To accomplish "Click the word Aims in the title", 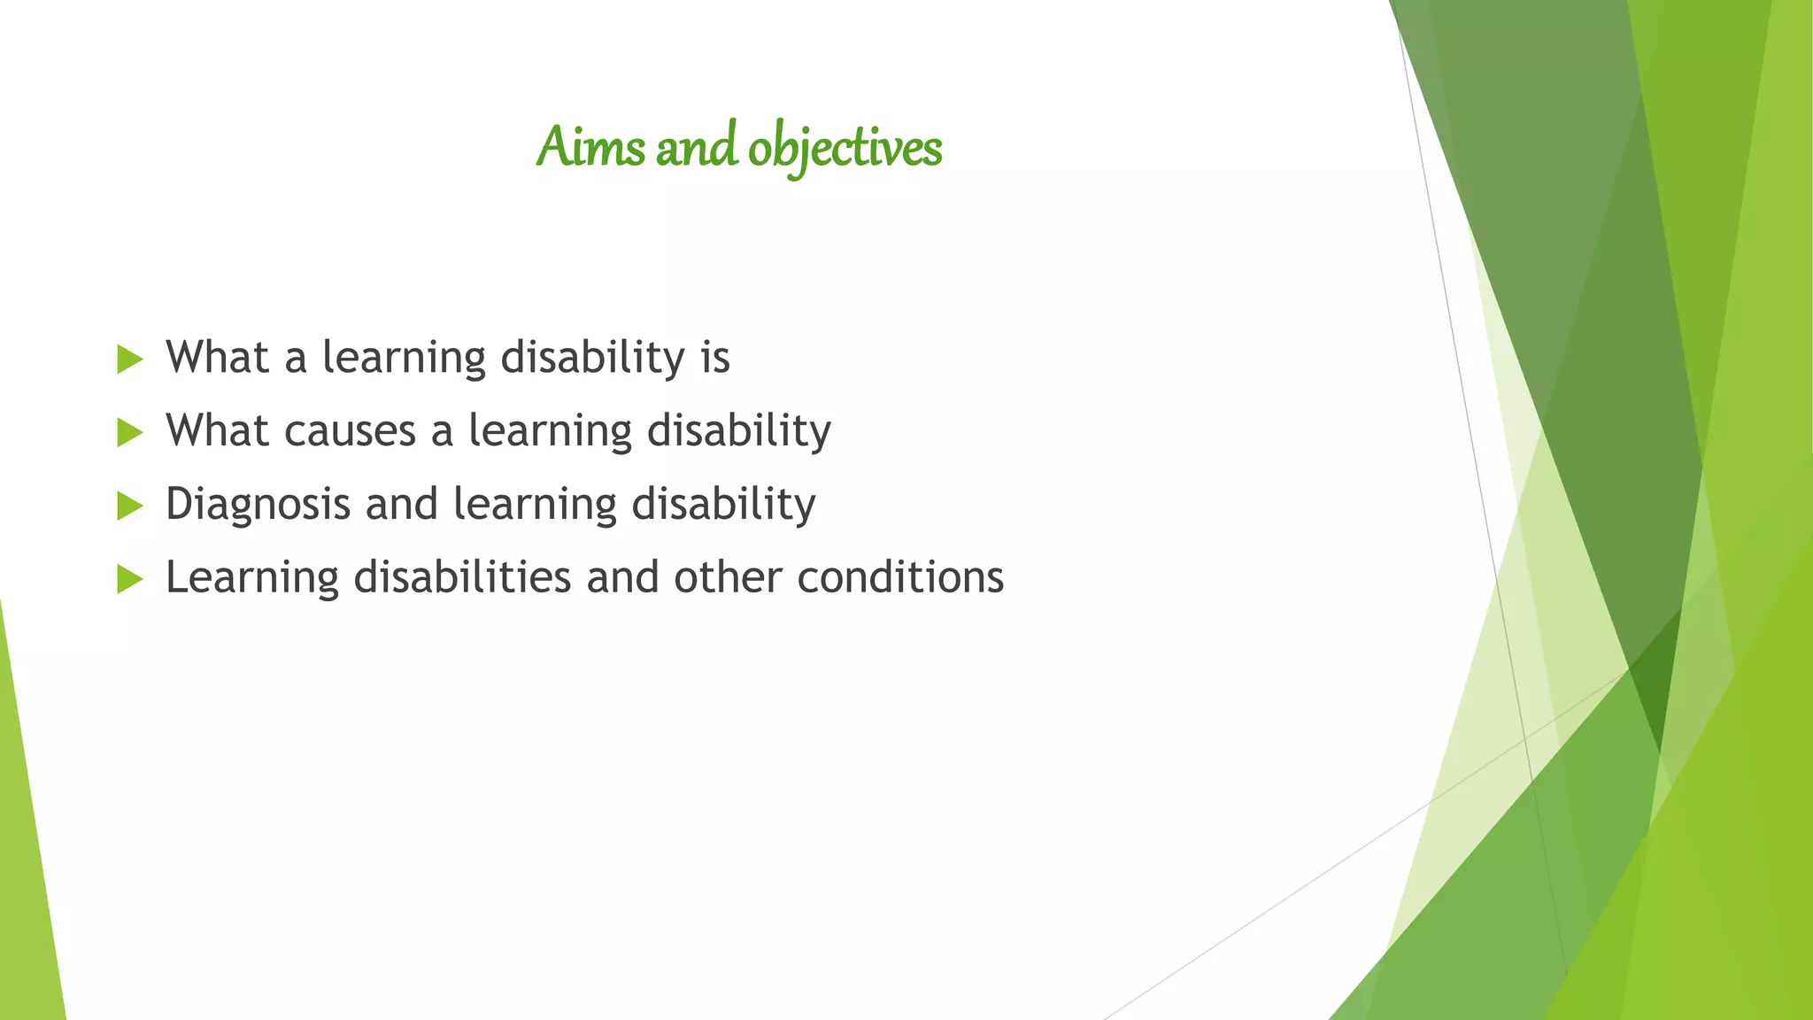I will tap(590, 147).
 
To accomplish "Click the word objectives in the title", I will tap(845, 149).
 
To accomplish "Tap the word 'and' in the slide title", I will tap(696, 147).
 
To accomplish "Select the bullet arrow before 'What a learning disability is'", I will tap(129, 359).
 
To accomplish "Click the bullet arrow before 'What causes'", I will tap(129, 433).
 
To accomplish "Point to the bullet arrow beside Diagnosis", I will tap(129, 506).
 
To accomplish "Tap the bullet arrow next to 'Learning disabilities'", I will tap(129, 580).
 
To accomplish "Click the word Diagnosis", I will tap(258, 506).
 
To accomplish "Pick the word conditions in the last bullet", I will tap(900, 577).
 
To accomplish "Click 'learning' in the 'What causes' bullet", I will tap(550, 432).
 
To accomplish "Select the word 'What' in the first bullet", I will tap(217, 358).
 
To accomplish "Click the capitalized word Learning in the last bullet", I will tap(252, 579).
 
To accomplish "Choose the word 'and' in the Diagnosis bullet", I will tap(402, 505).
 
